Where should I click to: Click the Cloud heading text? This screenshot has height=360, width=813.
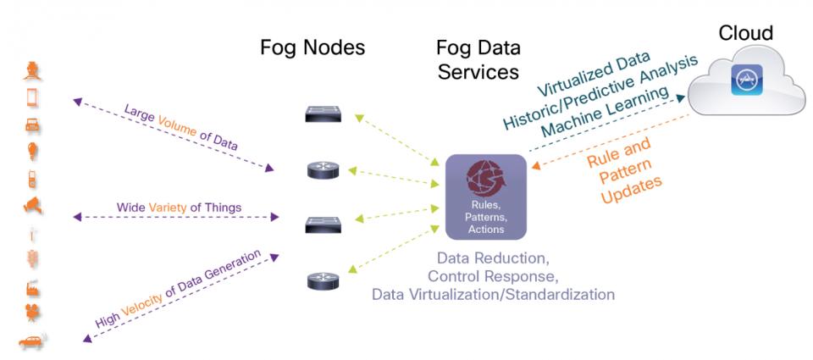[x=745, y=32]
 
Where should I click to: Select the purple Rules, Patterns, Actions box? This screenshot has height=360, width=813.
[x=486, y=197]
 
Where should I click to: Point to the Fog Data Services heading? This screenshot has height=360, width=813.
[x=476, y=59]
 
